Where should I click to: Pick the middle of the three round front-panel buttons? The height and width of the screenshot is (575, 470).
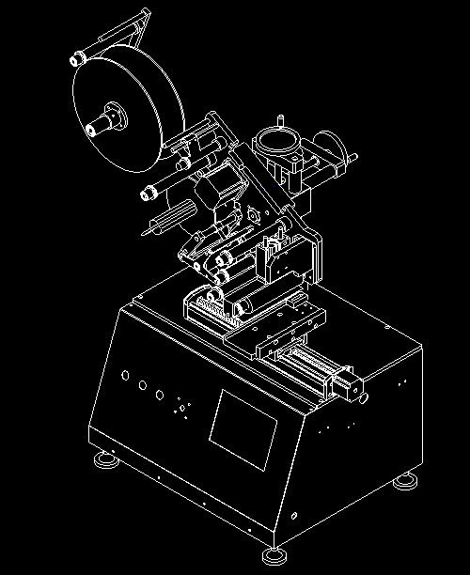142,385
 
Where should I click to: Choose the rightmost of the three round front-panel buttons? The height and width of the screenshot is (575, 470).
160,395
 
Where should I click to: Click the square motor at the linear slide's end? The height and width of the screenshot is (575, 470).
347,386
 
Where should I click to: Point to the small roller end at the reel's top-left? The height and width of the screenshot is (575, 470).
73,59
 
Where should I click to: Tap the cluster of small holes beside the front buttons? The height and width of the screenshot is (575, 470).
181,411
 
